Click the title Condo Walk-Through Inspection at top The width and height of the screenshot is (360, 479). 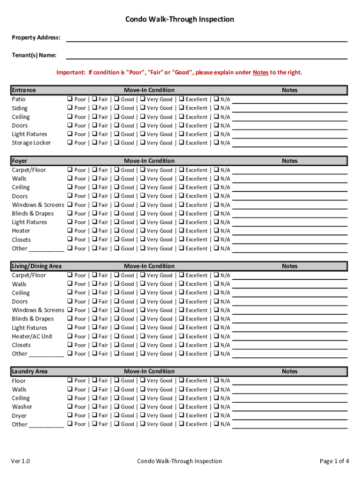point(180,19)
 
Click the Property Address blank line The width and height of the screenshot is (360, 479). point(207,38)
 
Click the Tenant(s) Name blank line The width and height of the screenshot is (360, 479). point(207,56)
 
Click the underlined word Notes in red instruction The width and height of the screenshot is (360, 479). point(260,73)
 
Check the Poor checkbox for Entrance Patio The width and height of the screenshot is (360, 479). point(70,99)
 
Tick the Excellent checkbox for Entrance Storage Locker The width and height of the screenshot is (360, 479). point(181,143)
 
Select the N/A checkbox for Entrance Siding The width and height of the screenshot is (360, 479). point(216,108)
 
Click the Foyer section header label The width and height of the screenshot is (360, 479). point(20,161)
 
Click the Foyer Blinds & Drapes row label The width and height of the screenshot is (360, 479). point(33,214)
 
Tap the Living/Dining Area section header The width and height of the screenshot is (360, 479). point(36,266)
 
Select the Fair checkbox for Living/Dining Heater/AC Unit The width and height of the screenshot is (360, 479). point(94,336)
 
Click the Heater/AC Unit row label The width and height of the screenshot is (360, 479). point(32,336)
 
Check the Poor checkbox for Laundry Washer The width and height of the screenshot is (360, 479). point(70,406)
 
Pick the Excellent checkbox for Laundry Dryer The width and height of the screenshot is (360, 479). point(181,415)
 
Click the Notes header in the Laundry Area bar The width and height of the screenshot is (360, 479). point(289,371)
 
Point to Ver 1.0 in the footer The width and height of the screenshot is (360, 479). point(21,461)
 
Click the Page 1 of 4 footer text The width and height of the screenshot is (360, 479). point(334,461)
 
